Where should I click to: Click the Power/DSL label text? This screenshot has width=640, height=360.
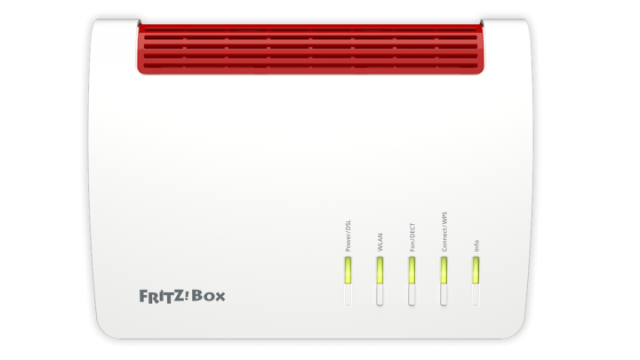pyautogui.click(x=348, y=236)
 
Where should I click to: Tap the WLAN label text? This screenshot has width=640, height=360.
pyautogui.click(x=380, y=242)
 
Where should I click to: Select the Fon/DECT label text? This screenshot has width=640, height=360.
pyautogui.click(x=412, y=237)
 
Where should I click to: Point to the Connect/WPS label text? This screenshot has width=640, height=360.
pyautogui.click(x=444, y=231)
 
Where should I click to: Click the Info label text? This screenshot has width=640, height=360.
pyautogui.click(x=476, y=245)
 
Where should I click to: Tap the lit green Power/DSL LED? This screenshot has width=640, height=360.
pyautogui.click(x=348, y=270)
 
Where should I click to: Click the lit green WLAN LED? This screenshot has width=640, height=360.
pyautogui.click(x=380, y=270)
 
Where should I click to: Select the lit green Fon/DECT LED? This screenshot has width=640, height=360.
pyautogui.click(x=412, y=270)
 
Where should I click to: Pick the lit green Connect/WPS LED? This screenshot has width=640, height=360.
pyautogui.click(x=444, y=270)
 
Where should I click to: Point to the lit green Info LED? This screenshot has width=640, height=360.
pyautogui.click(x=476, y=270)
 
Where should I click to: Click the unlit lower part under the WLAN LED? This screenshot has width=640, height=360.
pyautogui.click(x=380, y=294)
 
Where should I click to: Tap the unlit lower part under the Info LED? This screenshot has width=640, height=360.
pyautogui.click(x=476, y=294)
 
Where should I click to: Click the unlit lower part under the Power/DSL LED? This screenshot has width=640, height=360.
pyautogui.click(x=348, y=294)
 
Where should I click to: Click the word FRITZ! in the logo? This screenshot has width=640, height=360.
pyautogui.click(x=164, y=296)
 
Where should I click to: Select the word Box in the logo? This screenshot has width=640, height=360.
pyautogui.click(x=208, y=296)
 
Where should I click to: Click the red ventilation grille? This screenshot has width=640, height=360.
pyautogui.click(x=310, y=49)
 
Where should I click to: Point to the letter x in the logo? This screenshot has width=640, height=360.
pyautogui.click(x=220, y=297)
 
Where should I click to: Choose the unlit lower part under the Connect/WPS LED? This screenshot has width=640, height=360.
pyautogui.click(x=444, y=294)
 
